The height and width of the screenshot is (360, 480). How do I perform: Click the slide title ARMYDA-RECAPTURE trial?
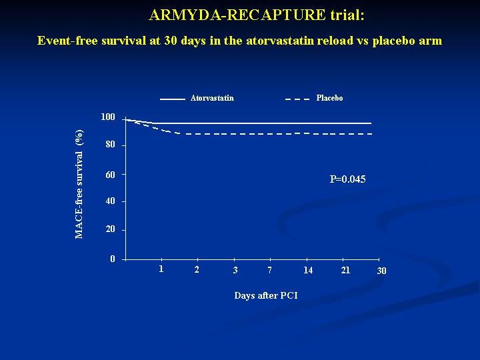pos(257,15)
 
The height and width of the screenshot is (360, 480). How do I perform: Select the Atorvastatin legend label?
pos(212,98)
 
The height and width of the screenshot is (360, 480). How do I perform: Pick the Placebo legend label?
pos(330,98)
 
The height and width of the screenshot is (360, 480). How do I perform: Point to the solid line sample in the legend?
pos(173,99)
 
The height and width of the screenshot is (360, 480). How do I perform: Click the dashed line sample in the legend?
pos(297,99)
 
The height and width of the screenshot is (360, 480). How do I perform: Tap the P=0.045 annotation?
pos(347,179)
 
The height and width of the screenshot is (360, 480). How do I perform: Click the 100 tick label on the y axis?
pos(108,117)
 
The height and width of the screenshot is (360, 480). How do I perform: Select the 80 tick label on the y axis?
pos(110,145)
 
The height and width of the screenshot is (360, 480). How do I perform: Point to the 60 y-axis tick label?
pos(110,175)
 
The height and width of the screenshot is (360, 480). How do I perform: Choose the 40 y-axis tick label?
pos(110,201)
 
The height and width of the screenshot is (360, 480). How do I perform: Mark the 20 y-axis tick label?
pos(110,229)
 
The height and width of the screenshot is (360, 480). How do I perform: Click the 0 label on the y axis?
pos(113,259)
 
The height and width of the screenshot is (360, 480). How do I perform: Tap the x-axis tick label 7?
pos(270,270)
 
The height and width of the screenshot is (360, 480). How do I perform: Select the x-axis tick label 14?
pos(308,270)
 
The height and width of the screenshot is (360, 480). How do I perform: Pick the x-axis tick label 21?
pos(345,270)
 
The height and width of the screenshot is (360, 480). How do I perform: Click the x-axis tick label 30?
pos(381,271)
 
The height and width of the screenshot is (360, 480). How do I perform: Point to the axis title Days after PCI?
pos(266,295)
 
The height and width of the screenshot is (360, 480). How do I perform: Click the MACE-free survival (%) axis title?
pos(79,184)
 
